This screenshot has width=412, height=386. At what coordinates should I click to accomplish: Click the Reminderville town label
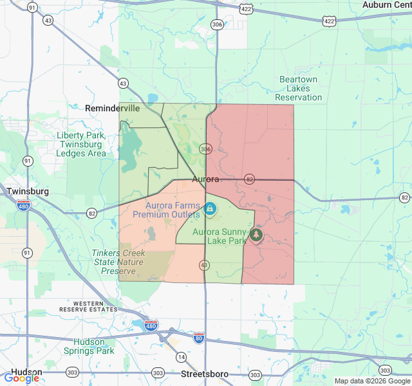click(x=112, y=108)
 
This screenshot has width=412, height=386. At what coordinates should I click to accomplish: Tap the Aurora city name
click(x=205, y=179)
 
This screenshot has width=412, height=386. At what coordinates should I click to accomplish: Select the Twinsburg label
click(x=28, y=192)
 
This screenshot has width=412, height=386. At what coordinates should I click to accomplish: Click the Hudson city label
click(x=26, y=372)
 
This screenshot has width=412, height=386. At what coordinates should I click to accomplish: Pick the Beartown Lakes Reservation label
click(x=298, y=88)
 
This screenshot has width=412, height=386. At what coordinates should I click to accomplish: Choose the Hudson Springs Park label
click(x=89, y=346)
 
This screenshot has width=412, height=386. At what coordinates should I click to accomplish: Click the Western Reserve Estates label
click(x=97, y=306)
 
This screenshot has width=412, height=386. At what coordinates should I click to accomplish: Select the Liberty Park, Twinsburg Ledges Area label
click(x=81, y=144)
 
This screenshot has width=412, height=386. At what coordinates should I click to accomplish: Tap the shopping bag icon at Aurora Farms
click(x=210, y=208)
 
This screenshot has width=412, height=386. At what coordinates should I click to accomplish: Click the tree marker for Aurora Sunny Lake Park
click(x=257, y=235)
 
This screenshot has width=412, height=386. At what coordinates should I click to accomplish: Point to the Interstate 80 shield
click(x=199, y=336)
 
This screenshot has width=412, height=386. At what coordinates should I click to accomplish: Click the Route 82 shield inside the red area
click(x=250, y=179)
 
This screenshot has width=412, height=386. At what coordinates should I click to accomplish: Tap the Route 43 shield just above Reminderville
click(x=122, y=83)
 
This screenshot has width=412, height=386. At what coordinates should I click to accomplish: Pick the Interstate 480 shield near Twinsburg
click(x=23, y=206)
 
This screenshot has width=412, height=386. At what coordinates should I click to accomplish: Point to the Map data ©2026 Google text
click(x=372, y=381)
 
